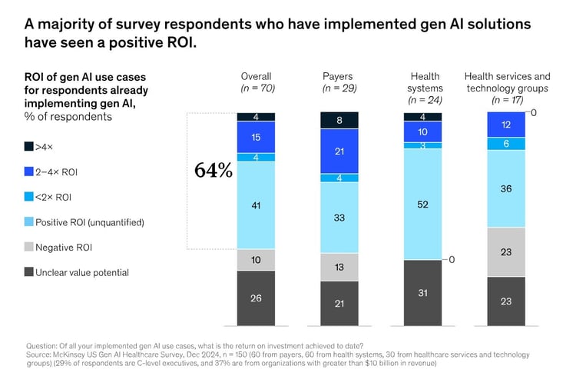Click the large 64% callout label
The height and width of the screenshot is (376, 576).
tap(214, 170)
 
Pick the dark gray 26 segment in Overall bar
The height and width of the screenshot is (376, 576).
tap(256, 298)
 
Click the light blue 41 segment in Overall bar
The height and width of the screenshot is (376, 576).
tap(256, 205)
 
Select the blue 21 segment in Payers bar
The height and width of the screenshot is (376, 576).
tap(339, 151)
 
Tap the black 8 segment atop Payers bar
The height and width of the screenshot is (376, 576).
tap(339, 120)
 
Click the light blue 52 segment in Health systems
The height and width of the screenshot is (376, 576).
tap(423, 204)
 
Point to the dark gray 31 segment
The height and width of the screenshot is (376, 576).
tap(423, 293)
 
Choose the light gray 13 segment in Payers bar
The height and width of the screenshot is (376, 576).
tap(339, 267)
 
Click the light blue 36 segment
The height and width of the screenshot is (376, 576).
tap(507, 188)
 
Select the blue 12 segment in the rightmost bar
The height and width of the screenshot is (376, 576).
tap(507, 125)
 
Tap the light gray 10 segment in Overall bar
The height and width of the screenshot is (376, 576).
tap(256, 260)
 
